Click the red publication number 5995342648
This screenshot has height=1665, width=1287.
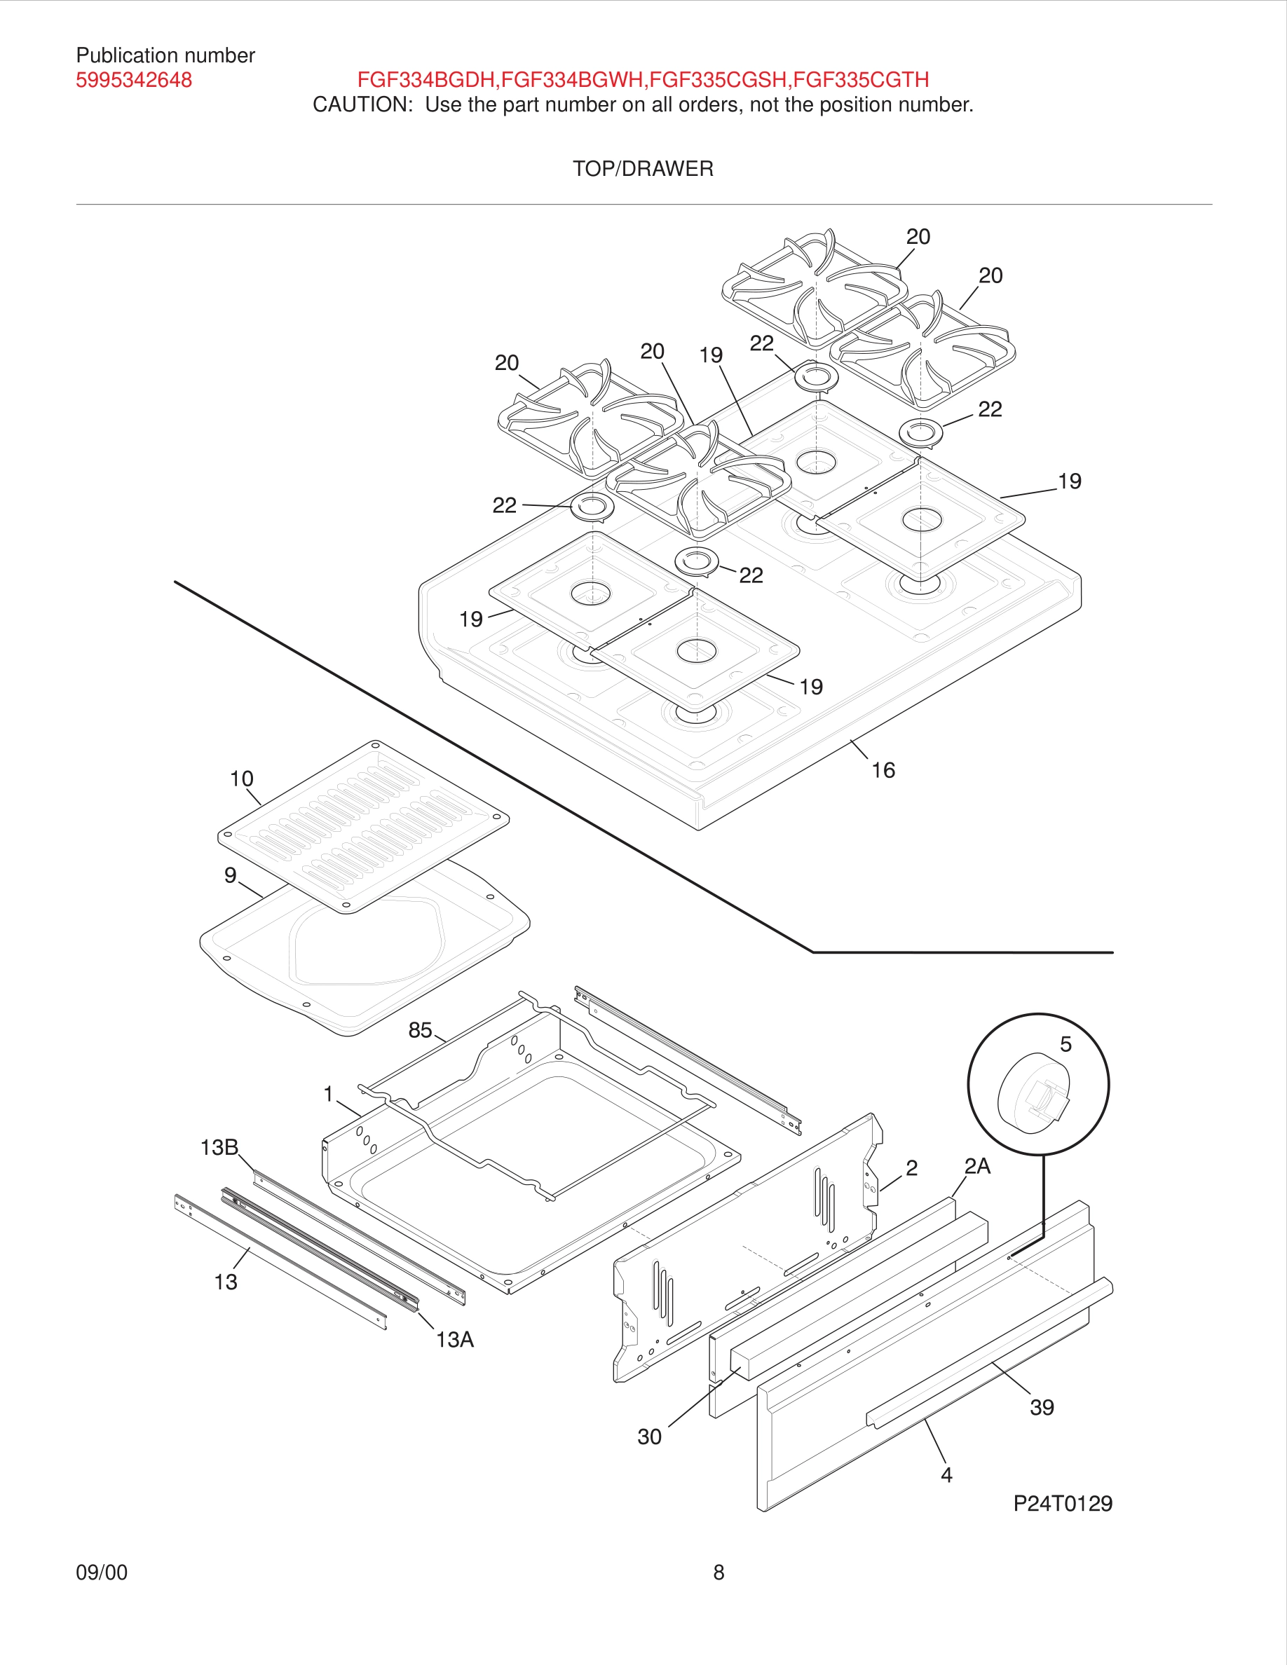133,80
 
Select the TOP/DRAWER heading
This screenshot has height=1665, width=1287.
643,168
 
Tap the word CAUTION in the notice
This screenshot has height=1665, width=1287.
362,105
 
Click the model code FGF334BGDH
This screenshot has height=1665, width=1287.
426,80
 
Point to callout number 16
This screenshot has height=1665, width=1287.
883,771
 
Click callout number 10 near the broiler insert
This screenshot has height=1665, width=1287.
242,779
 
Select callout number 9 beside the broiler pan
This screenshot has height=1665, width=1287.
230,875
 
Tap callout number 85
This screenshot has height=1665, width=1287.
420,1031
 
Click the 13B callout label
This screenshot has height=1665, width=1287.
219,1147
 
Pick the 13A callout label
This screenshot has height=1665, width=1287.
454,1339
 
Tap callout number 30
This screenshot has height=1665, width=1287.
650,1437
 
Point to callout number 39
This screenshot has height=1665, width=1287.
1042,1407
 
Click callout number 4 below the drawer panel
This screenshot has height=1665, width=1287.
946,1475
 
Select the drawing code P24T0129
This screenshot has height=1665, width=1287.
1062,1503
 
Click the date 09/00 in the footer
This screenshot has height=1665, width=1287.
102,1572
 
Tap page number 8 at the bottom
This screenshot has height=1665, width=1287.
719,1572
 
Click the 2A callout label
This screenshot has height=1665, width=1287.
976,1167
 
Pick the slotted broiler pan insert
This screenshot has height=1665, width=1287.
363,826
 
